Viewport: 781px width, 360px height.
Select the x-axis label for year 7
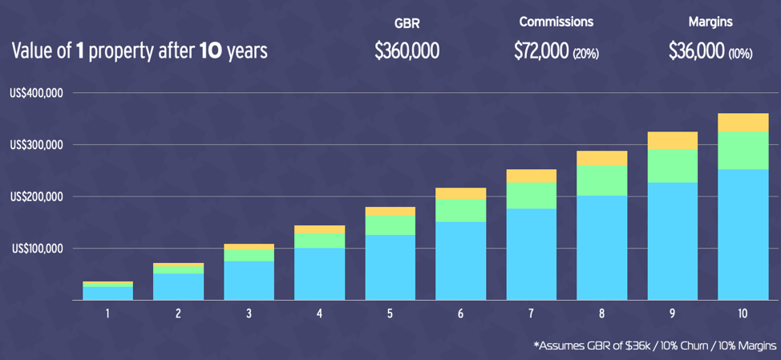tap(531, 313)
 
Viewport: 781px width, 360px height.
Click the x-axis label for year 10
tap(743, 313)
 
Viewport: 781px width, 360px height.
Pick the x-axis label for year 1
tap(107, 313)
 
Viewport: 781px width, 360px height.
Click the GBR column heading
tap(407, 22)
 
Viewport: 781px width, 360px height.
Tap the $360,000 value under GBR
tap(407, 51)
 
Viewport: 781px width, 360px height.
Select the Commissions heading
tap(556, 22)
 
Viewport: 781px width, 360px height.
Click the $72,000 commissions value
tap(542, 51)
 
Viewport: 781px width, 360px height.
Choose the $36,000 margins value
tap(696, 51)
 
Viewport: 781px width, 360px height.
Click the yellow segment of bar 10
tap(743, 122)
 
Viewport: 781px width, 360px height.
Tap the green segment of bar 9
tap(672, 165)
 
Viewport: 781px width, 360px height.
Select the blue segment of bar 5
tap(390, 267)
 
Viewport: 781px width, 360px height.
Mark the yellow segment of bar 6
tap(460, 193)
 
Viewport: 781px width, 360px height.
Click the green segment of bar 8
tap(601, 180)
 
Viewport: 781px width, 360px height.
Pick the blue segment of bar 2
tap(178, 286)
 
